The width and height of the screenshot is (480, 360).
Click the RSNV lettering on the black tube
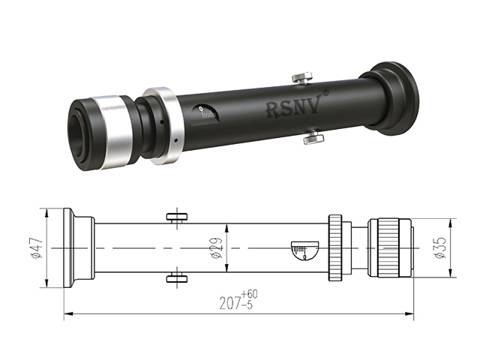coord(292,109)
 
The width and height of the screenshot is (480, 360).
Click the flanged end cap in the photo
coord(391,99)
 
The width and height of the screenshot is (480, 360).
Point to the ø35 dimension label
coord(441,247)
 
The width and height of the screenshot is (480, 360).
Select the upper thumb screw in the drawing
coord(178,217)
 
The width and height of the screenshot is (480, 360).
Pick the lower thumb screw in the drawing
coord(178,279)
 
